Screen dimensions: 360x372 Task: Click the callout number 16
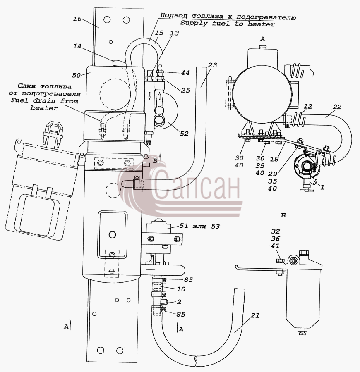tap(77, 19)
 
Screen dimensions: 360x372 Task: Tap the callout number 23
tap(213, 65)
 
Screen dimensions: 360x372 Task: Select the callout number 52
tap(184, 134)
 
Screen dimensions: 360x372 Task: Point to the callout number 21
tap(255, 315)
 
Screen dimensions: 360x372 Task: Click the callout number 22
tap(337, 107)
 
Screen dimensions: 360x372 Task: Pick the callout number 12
tap(308, 106)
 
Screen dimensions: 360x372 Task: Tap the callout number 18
tap(274, 159)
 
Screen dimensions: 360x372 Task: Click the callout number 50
tap(77, 75)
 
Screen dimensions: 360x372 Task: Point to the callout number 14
tap(77, 46)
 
